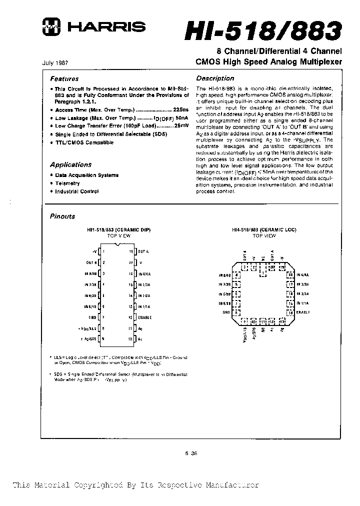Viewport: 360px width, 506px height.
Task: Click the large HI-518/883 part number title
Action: (263, 31)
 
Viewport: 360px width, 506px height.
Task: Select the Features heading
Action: (64, 79)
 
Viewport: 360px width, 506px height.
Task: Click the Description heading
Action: (215, 78)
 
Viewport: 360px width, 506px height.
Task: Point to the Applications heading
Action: (70, 165)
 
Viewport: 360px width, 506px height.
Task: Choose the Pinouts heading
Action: (62, 216)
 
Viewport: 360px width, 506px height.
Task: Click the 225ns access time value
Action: (181, 109)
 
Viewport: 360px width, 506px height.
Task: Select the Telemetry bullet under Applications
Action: (67, 183)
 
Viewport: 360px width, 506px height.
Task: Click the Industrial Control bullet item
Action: (76, 191)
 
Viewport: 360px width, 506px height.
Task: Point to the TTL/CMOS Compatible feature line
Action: (84, 142)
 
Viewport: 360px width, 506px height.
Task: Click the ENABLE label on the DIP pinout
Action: (145, 317)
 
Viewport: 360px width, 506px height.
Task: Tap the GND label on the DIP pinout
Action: (92, 317)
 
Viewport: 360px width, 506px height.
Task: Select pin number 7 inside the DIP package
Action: (103, 317)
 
